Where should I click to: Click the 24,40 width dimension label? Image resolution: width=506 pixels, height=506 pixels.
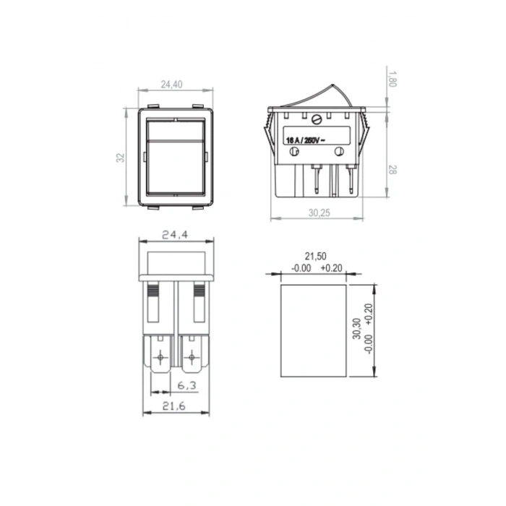(x=172, y=85)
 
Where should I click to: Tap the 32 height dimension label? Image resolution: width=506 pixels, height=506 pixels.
(x=121, y=158)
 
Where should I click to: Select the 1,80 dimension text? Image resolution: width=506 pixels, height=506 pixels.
(x=392, y=79)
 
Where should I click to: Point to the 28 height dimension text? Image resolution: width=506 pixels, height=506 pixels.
(x=392, y=170)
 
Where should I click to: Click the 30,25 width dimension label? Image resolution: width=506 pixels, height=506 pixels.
(x=320, y=213)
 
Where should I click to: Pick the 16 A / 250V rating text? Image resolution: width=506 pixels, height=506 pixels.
(x=306, y=140)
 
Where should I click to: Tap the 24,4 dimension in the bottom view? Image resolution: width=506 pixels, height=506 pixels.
(x=175, y=235)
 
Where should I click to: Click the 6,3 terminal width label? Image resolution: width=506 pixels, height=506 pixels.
(x=186, y=385)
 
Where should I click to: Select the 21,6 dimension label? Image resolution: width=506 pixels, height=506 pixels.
(x=174, y=406)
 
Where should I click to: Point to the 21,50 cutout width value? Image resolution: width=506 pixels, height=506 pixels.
(x=316, y=256)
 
